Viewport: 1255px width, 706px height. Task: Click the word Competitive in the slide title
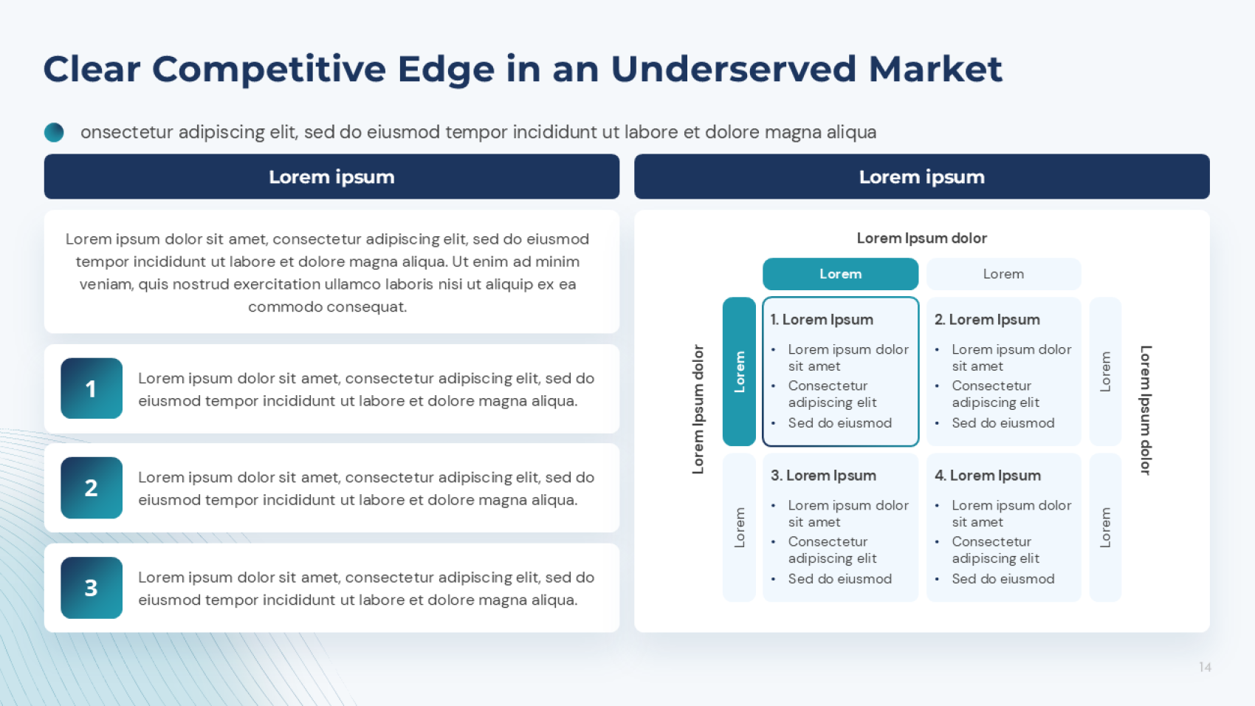click(269, 70)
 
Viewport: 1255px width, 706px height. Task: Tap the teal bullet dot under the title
click(54, 132)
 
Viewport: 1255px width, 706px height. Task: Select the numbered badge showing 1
click(92, 388)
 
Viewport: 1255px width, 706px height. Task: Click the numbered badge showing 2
click(92, 487)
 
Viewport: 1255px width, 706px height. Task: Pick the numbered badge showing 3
click(92, 588)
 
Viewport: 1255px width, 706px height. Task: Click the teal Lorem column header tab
click(840, 274)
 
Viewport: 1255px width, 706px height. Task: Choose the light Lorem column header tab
click(1003, 274)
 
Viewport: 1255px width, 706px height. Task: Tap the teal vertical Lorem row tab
click(739, 371)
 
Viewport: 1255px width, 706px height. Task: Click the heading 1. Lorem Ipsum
click(822, 319)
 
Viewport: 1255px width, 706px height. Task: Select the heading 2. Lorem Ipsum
click(986, 319)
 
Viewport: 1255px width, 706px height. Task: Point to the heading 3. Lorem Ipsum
click(823, 475)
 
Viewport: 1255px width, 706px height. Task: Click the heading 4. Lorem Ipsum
click(987, 475)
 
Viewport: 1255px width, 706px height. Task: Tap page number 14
click(1205, 667)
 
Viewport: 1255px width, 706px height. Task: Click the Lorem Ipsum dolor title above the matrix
click(921, 238)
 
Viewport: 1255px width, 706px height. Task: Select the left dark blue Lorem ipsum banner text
click(331, 177)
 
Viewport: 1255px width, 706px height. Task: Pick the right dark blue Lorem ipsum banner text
click(921, 177)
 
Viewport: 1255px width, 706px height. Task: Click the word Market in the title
click(935, 69)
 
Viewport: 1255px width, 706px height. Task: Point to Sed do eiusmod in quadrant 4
click(1003, 579)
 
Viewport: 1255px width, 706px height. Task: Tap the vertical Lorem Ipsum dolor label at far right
click(1146, 410)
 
